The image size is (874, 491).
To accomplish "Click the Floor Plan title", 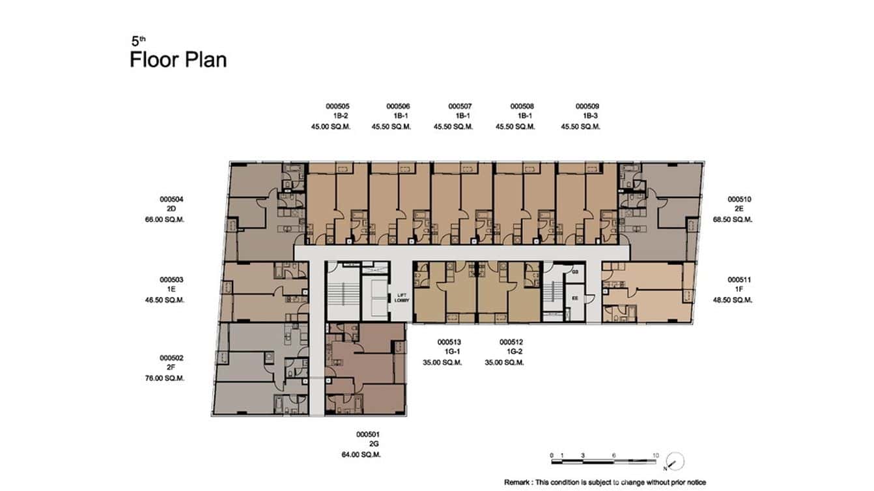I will coord(178,60).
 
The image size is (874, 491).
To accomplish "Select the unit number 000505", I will coord(337,106).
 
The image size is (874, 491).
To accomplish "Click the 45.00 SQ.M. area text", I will coord(331,127).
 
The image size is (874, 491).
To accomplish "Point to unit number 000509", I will coord(587,106).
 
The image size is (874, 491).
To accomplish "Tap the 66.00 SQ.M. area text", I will coord(165,220).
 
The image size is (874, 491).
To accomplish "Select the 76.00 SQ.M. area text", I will coord(165,378).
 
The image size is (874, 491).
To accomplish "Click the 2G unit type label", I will coord(374,444).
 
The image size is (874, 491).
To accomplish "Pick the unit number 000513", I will coord(449,342).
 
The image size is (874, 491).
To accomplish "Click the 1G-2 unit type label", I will coord(511,352).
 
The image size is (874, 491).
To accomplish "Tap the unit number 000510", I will coord(739,199).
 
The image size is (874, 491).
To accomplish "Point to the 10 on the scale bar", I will coord(655,455).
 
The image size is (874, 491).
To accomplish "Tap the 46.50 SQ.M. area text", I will coord(165,300).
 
